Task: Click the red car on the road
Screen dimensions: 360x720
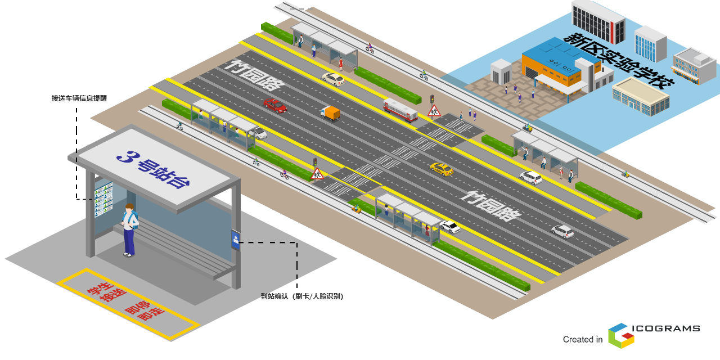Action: [275, 105]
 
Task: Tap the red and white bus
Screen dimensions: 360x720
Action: [400, 110]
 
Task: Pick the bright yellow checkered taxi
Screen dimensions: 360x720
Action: [442, 169]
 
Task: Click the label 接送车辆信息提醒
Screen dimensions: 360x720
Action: [79, 98]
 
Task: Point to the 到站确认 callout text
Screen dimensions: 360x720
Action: [301, 296]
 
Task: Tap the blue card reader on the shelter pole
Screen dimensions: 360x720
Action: [236, 240]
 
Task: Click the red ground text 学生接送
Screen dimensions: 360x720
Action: [105, 291]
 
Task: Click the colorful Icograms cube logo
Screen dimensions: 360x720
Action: [621, 335]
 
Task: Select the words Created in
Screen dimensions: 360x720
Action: [582, 340]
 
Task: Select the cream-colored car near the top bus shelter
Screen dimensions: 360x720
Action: [334, 79]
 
